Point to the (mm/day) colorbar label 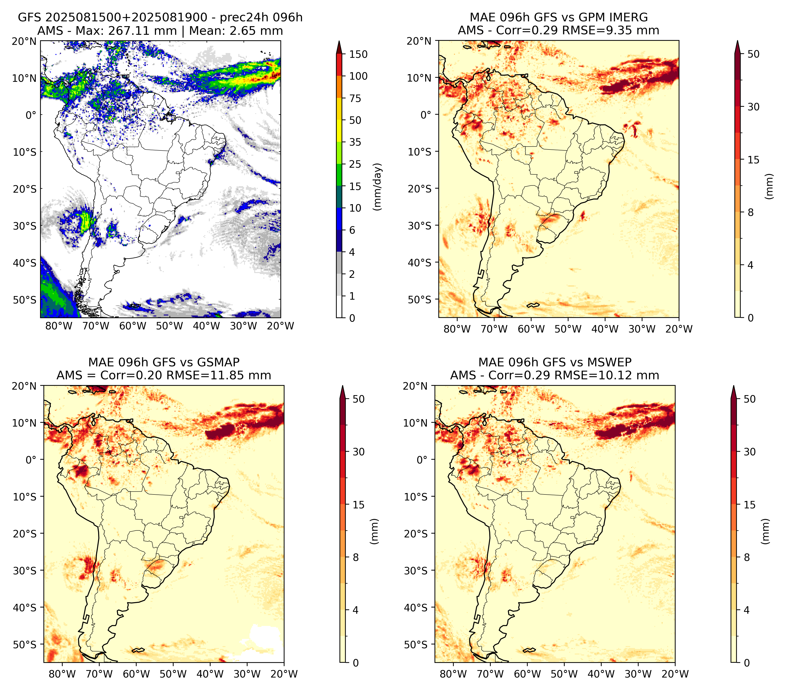tap(378, 187)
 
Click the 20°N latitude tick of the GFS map tap(24, 41)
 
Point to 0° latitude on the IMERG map tap(426, 114)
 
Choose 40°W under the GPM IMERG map tap(605, 329)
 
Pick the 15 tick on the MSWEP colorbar tap(750, 505)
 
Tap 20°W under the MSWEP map tap(675, 674)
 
